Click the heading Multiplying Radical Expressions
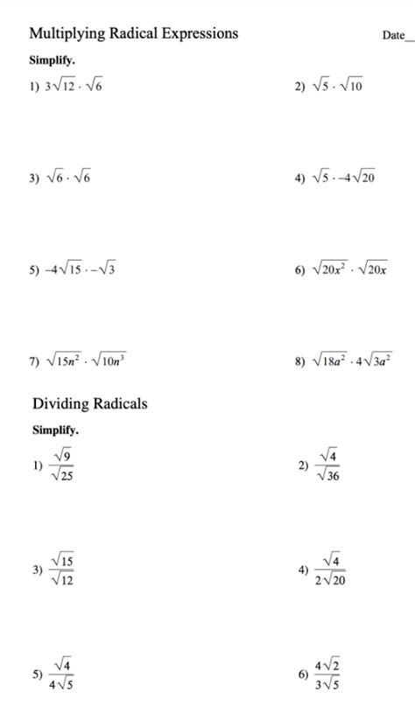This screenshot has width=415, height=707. coord(134,33)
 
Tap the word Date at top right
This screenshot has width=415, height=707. coord(393,35)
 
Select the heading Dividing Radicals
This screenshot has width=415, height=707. coord(90,403)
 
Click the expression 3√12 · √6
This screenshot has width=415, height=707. coord(79,87)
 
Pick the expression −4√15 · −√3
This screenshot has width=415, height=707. coord(82,269)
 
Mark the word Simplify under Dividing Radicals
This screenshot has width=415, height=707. coord(55,430)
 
